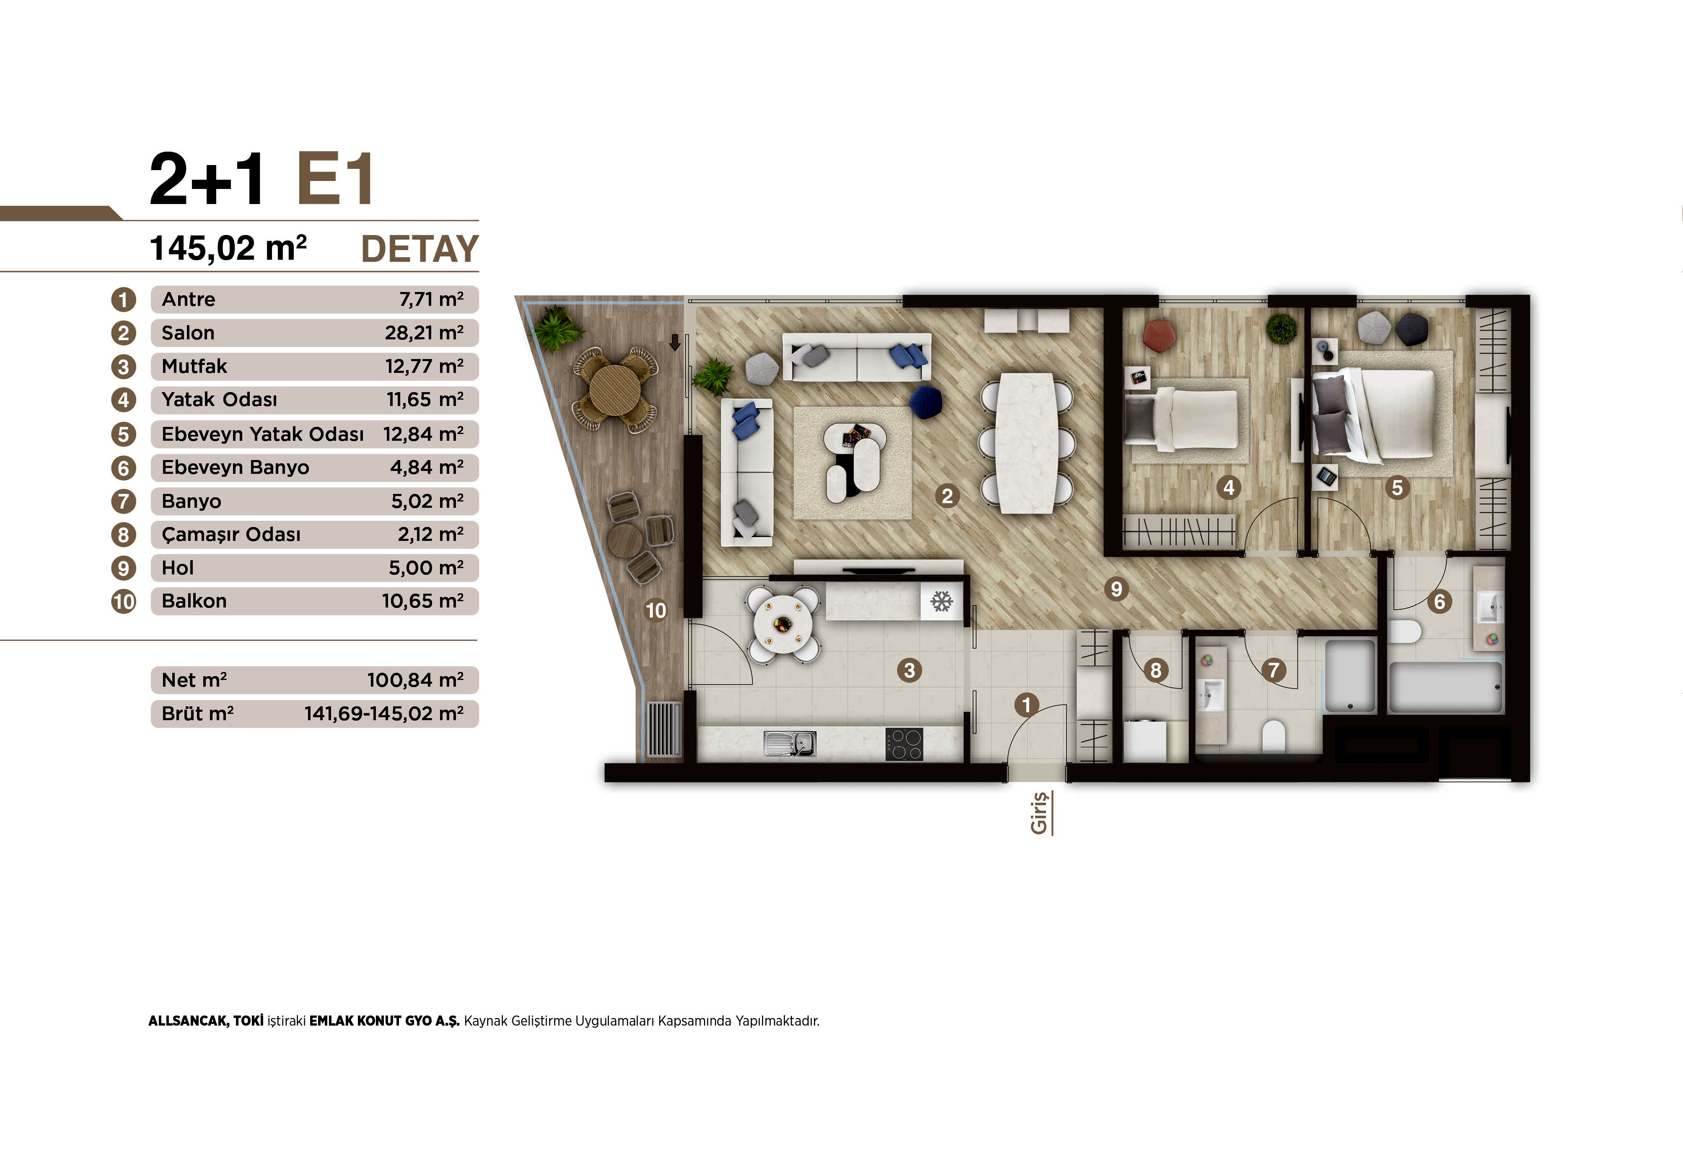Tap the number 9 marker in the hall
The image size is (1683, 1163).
(1116, 589)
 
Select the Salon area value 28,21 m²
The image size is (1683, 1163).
(424, 333)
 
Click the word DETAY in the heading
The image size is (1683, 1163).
(420, 249)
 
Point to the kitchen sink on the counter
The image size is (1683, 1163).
(790, 743)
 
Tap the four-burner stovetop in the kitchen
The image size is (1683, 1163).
(904, 744)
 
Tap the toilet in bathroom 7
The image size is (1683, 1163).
(1274, 736)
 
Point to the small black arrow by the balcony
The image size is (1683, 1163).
(675, 342)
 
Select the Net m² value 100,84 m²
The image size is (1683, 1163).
(415, 680)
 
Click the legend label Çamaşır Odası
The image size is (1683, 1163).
(231, 535)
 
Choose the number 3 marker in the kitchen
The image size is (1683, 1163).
(909, 669)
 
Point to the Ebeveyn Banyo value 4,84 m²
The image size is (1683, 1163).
(427, 467)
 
